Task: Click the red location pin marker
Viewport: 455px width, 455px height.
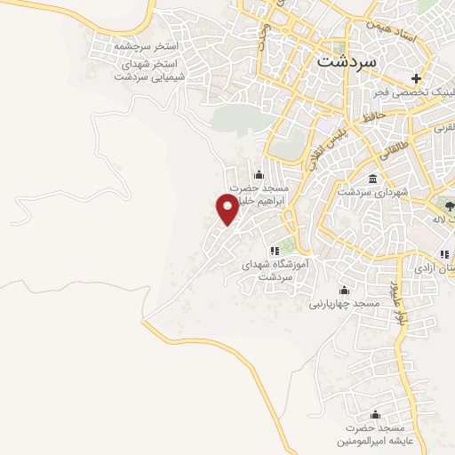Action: pos(228,209)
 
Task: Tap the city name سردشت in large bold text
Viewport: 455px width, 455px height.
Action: pos(347,63)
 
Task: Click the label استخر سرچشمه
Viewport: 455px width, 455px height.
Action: pos(147,44)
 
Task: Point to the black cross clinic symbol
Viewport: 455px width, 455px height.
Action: pos(417,79)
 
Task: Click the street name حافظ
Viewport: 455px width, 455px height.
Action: pos(371,115)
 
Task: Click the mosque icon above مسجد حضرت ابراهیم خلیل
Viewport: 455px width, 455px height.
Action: pos(259,173)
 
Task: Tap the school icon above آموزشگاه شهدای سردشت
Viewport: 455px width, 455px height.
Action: pos(275,251)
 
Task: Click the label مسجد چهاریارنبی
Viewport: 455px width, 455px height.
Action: pos(344,304)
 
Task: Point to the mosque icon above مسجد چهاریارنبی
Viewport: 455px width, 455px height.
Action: pos(344,290)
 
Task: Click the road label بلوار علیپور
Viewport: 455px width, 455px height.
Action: pos(396,307)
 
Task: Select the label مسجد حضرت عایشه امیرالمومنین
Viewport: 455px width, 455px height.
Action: pos(374,435)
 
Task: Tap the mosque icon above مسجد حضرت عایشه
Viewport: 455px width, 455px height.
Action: pos(374,414)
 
